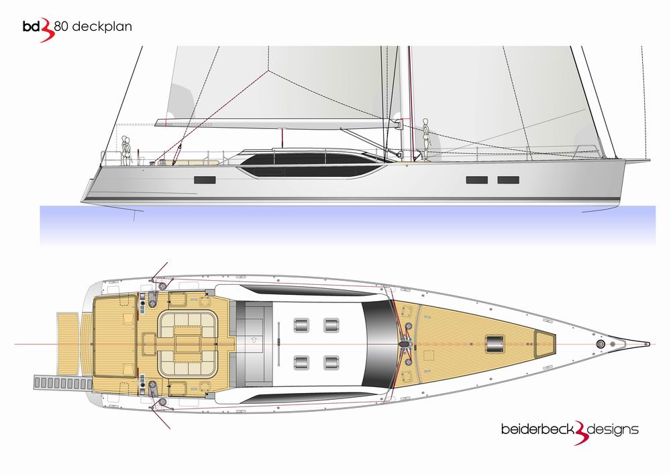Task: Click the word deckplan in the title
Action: point(102,27)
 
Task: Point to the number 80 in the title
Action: point(61,27)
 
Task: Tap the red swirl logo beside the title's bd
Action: point(48,32)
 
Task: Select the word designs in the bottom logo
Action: point(613,429)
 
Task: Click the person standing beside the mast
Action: point(425,140)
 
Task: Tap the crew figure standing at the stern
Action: point(126,150)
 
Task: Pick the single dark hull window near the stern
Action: point(205,180)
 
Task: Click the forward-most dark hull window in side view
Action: point(509,180)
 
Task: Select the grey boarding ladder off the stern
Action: point(62,382)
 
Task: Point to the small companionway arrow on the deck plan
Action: point(254,340)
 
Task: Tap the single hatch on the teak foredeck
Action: point(495,344)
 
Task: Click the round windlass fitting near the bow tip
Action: point(601,344)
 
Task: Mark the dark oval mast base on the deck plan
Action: point(403,343)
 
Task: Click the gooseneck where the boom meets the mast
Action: point(398,124)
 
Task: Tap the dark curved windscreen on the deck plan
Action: point(378,344)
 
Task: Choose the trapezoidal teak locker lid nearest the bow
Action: point(545,344)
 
